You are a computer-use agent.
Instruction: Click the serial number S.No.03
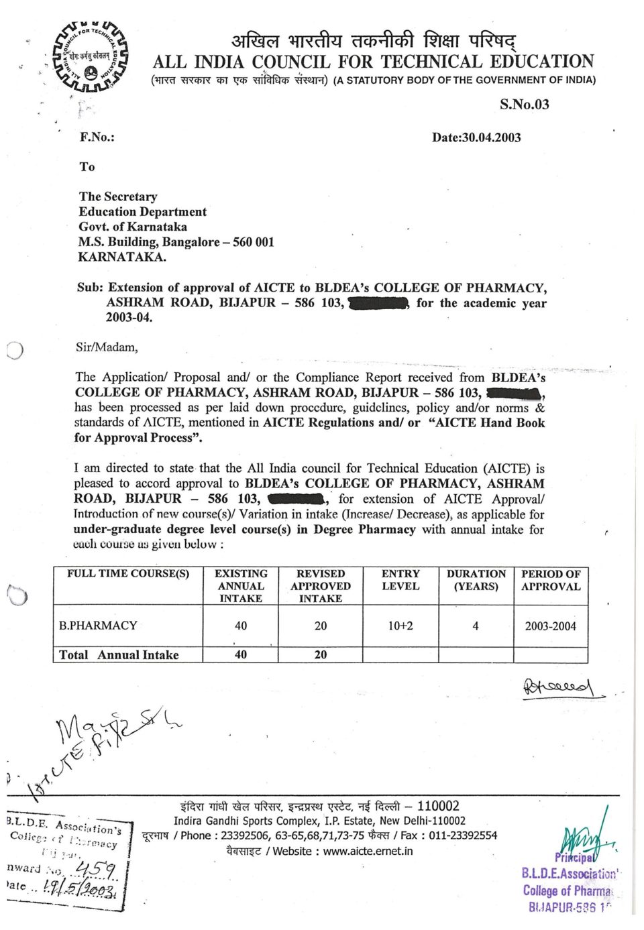point(524,104)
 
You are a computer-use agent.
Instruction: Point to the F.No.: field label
point(97,137)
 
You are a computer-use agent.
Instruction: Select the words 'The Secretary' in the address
point(118,196)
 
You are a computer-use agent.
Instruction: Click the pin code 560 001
point(254,242)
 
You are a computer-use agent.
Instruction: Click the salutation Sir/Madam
point(107,347)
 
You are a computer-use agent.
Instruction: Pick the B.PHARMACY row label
point(98,626)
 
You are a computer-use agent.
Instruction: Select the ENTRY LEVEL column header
point(400,580)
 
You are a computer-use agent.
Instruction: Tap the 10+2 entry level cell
point(400,626)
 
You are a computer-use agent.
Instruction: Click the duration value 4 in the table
point(476,626)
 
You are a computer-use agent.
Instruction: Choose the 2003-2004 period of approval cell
point(550,626)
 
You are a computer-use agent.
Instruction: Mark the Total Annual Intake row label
point(119,655)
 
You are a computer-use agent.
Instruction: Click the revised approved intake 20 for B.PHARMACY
point(321,626)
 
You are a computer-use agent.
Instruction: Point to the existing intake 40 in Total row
point(241,654)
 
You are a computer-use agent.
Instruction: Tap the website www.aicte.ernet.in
point(368,851)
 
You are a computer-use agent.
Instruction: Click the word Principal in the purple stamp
point(574,858)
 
